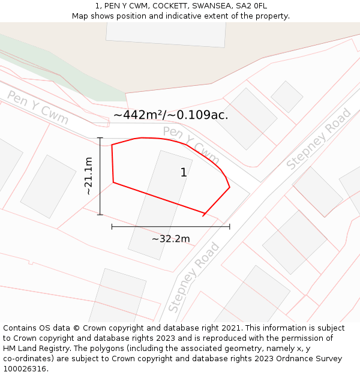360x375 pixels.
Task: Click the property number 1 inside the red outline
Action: click(184, 173)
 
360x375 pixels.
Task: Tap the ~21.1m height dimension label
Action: click(88, 176)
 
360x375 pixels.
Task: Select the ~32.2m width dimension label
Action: click(170, 239)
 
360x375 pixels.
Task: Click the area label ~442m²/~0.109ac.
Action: click(170, 115)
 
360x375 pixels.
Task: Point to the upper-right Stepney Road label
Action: click(319, 139)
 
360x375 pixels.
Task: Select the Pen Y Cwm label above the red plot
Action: click(191, 144)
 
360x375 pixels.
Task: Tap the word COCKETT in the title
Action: click(169, 6)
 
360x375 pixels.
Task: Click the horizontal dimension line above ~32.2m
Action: click(170, 226)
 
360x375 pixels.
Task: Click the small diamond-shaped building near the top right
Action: click(287, 97)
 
